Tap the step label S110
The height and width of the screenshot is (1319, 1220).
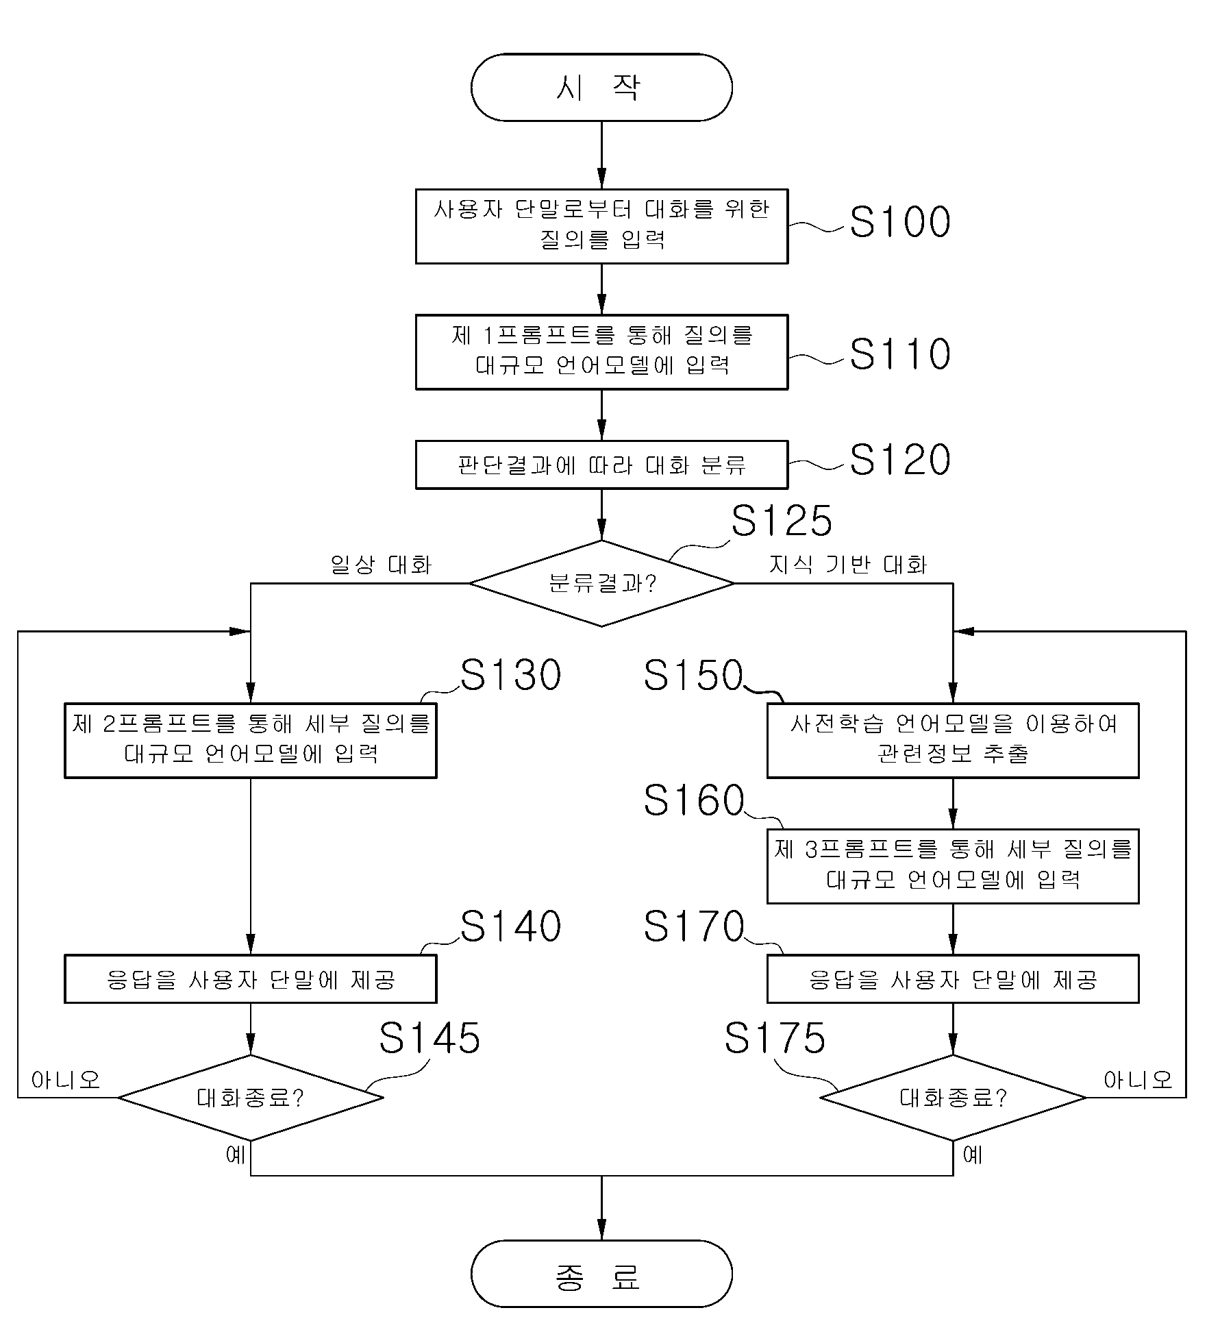tap(900, 354)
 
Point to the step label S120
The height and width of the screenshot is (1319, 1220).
tap(900, 459)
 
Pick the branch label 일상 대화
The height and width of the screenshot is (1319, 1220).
tap(381, 565)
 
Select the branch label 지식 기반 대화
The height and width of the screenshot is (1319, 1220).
tap(848, 565)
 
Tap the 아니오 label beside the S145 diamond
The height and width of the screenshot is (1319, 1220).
tap(66, 1081)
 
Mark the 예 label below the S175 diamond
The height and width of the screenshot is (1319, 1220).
tap(973, 1155)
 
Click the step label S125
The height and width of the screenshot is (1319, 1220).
tap(782, 520)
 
